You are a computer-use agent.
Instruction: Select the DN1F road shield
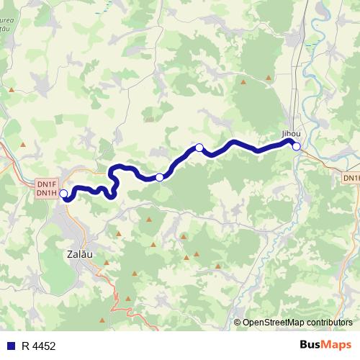pyautogui.click(x=47, y=184)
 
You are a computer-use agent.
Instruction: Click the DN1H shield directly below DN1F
pyautogui.click(x=47, y=193)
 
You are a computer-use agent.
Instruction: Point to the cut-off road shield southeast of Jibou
pyautogui.click(x=351, y=177)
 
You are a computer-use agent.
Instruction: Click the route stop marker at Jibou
pyautogui.click(x=296, y=146)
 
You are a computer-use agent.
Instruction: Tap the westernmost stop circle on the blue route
pyautogui.click(x=63, y=194)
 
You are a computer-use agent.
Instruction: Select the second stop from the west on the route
pyautogui.click(x=159, y=177)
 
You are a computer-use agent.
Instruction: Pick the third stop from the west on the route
pyautogui.click(x=199, y=148)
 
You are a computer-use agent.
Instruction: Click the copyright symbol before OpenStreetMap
pyautogui.click(x=238, y=323)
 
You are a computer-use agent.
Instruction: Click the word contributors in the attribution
pyautogui.click(x=327, y=323)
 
